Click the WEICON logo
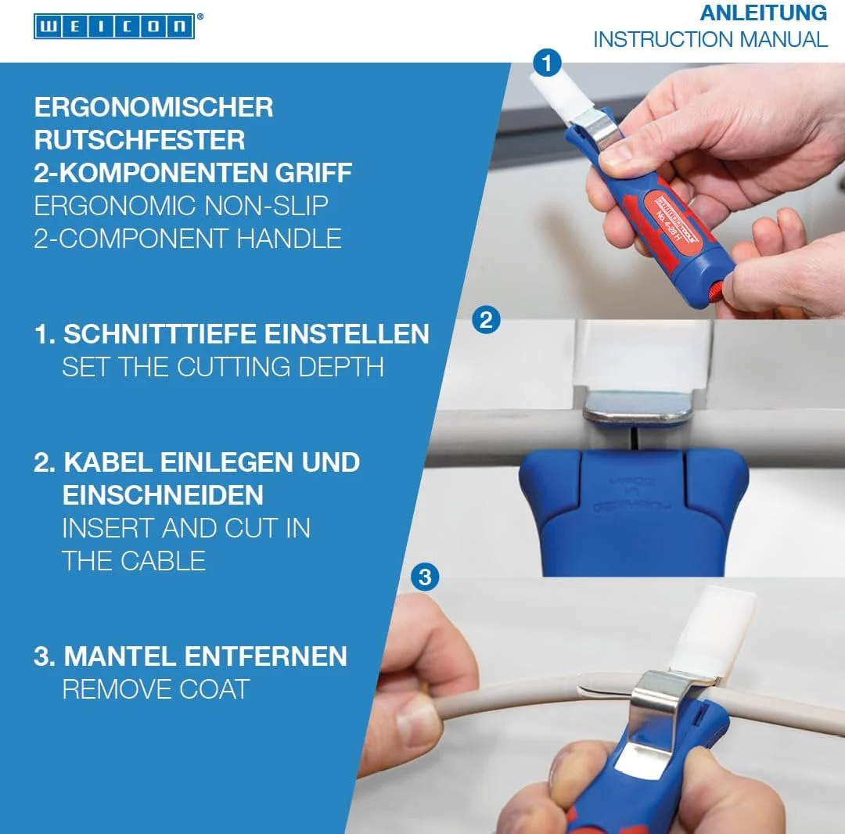pos(114,27)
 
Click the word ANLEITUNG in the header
pos(763,13)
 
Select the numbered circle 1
pos(547,63)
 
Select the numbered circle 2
pos(486,321)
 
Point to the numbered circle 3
pos(425,577)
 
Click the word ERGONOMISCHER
pos(153,107)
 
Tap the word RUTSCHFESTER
pos(139,140)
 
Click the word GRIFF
pos(313,173)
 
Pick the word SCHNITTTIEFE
pos(160,334)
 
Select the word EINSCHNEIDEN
pos(163,495)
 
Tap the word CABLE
pos(163,561)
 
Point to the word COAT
pos(214,689)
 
